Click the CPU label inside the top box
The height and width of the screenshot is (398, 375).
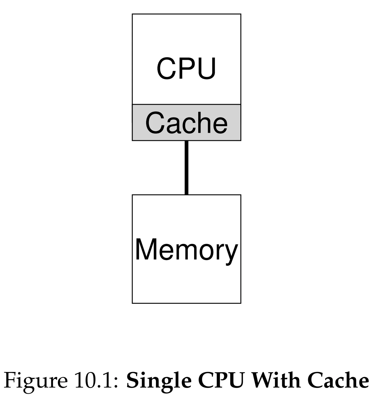186,68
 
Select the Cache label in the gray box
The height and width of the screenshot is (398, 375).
187,122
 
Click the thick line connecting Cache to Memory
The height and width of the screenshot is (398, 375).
187,168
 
